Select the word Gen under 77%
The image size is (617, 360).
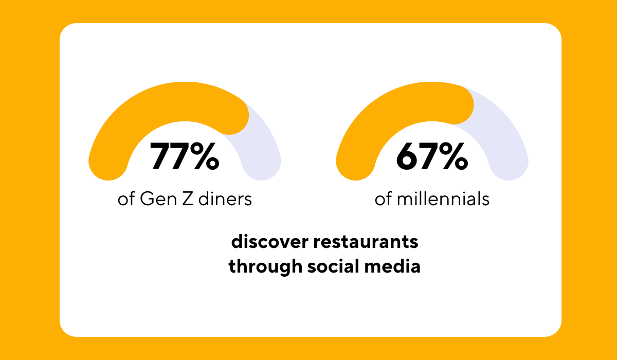pos(153,199)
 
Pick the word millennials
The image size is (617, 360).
pos(443,199)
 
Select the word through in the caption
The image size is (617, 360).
pos(259,267)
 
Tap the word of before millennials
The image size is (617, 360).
pos(383,199)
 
